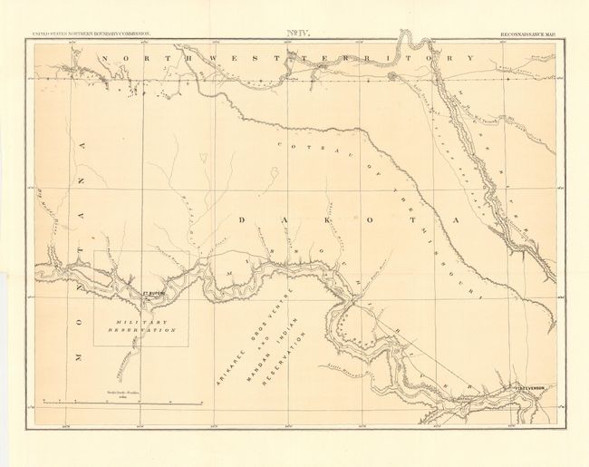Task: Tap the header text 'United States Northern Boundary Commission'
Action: (92, 34)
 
